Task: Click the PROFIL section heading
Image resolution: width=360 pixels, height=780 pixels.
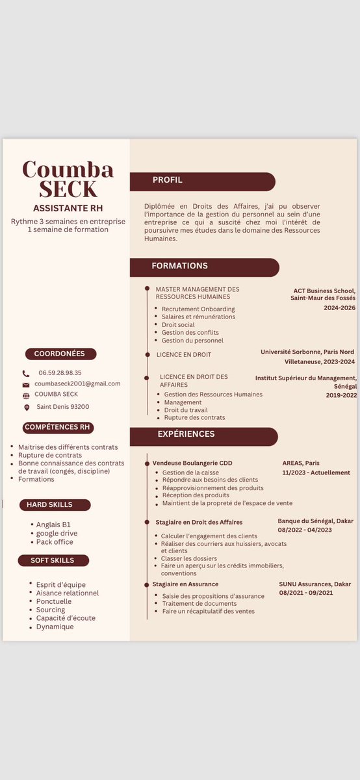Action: (168, 180)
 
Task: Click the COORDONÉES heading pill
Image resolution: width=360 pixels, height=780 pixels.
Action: (60, 354)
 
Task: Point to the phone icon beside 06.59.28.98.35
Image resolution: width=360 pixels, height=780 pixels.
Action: (26, 374)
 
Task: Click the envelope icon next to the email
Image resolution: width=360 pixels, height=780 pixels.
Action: (26, 385)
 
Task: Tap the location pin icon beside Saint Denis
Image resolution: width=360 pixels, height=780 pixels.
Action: (27, 408)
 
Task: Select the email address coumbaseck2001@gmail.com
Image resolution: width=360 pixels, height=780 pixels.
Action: (77, 383)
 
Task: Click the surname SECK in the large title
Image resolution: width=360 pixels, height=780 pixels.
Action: (68, 188)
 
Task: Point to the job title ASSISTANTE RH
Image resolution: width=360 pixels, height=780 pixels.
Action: (68, 209)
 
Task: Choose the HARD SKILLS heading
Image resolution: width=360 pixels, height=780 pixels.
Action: (50, 504)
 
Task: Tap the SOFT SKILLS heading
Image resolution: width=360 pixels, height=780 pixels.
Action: (53, 560)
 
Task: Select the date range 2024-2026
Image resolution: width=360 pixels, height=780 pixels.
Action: (339, 307)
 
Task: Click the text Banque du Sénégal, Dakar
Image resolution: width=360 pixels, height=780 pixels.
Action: (316, 521)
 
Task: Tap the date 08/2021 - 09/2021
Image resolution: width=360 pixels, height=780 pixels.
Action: (306, 593)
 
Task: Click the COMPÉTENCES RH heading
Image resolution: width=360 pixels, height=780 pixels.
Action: (57, 427)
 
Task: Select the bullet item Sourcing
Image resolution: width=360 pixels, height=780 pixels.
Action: (51, 610)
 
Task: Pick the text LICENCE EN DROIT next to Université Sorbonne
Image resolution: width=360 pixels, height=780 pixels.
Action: (184, 355)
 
